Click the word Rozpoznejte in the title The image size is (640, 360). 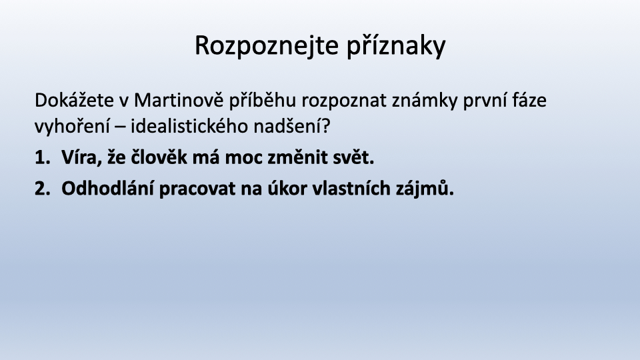(x=267, y=46)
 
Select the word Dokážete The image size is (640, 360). (x=74, y=100)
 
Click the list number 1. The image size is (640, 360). (x=42, y=157)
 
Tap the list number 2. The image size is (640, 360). (x=42, y=189)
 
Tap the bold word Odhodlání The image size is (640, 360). (x=107, y=188)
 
